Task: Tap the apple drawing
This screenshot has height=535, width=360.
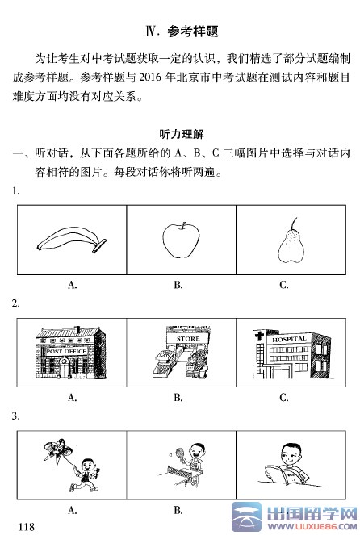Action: (181, 240)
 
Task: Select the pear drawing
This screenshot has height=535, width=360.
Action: (291, 243)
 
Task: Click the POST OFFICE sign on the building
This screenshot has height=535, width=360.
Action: (66, 351)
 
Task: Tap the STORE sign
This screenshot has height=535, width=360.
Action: (188, 339)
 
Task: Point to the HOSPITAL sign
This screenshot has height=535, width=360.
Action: (289, 339)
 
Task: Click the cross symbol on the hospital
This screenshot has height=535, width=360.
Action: (259, 336)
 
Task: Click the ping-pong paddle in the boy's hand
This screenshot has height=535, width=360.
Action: (179, 453)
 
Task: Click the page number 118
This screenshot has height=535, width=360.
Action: (27, 526)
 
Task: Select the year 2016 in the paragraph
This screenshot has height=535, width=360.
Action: (150, 77)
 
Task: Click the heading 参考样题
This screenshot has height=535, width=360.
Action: (193, 31)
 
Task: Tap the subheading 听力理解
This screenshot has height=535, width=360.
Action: (182, 134)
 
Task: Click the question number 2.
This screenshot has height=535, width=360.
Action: (15, 303)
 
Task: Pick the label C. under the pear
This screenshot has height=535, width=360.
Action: (284, 285)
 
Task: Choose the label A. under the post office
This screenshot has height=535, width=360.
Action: (72, 398)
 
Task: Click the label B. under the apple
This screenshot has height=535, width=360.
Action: (178, 285)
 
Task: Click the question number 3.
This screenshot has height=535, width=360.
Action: (15, 416)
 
